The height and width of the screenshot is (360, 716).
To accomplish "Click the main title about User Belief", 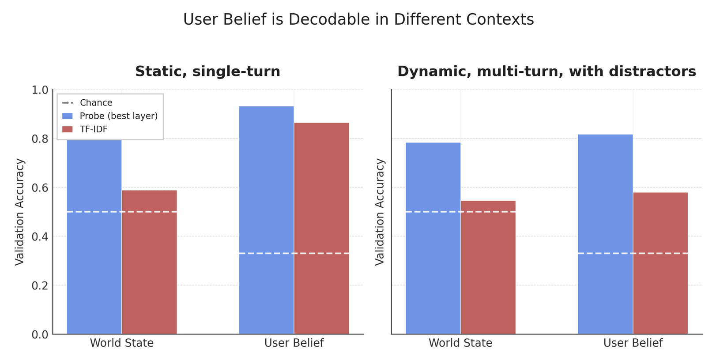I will coord(358,20).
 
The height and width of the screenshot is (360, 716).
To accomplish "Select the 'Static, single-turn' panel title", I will coord(207,71).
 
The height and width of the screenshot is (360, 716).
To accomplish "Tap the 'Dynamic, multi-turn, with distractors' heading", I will coord(546,71).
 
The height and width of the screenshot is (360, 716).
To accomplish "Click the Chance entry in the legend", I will coord(96,103).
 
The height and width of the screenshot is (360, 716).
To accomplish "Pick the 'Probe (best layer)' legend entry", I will coord(118,116).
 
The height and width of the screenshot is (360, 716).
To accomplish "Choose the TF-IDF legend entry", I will coord(94,129).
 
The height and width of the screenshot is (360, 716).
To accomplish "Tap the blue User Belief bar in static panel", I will coord(266,220).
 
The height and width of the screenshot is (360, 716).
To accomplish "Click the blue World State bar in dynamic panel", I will coord(433,238).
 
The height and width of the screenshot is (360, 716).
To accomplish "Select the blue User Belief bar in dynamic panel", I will coord(605,234).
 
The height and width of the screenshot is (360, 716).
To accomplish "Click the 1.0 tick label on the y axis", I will coord(40,90).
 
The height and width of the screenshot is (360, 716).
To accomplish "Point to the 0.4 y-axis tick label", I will coord(40,237).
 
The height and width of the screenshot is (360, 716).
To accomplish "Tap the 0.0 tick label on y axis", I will coord(40,335).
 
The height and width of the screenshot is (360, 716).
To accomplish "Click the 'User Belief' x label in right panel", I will coord(633,343).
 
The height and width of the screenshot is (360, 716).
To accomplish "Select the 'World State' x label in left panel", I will coord(122,343).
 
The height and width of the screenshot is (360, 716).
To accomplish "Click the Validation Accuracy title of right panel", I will coord(380,212).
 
